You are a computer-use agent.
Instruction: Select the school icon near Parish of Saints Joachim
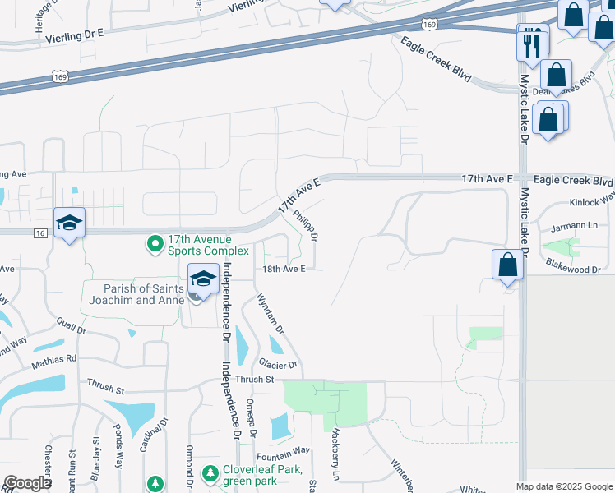click(203, 279)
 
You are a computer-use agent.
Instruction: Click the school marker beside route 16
click(70, 223)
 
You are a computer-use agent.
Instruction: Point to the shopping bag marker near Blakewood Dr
click(508, 265)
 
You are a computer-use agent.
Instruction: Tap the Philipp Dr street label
click(305, 223)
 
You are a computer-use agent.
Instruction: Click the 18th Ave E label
click(284, 269)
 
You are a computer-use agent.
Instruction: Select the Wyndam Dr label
click(270, 313)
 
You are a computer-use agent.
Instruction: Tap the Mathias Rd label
click(54, 358)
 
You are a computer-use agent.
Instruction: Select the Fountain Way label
click(283, 450)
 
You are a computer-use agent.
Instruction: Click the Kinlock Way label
click(591, 201)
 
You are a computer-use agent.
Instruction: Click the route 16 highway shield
click(40, 233)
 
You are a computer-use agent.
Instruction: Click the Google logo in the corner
click(27, 483)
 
